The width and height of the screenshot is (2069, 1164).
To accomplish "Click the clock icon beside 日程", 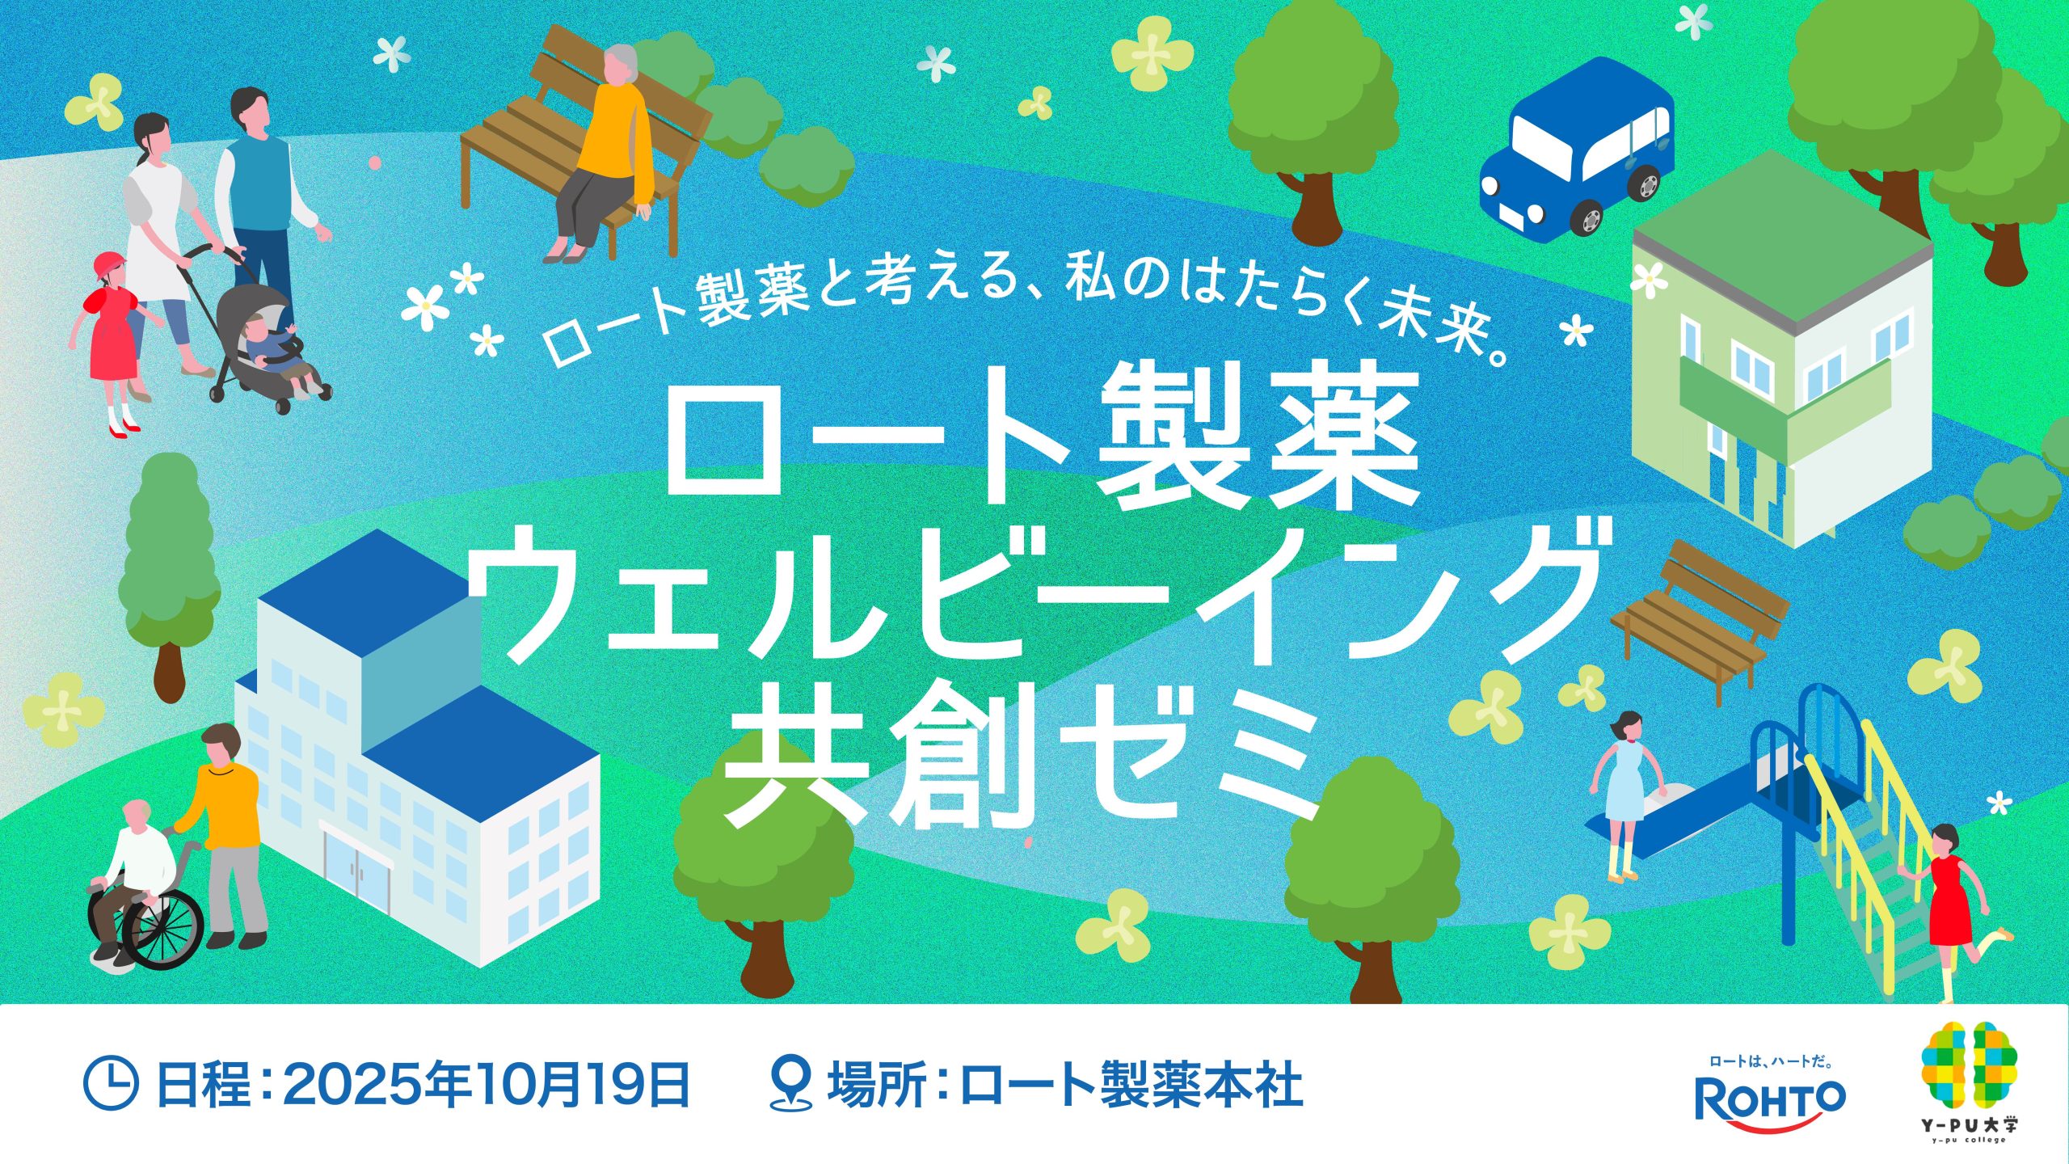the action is click(x=110, y=1084).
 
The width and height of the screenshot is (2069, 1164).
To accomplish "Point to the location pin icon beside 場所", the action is click(x=790, y=1083).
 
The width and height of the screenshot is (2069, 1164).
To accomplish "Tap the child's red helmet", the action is click(x=110, y=266).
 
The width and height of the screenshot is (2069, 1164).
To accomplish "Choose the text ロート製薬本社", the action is click(x=1132, y=1084).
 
